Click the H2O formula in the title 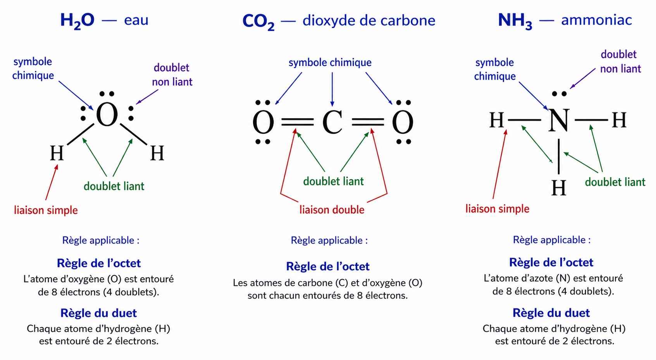click(x=77, y=21)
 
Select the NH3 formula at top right click(x=515, y=21)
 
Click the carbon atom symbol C click(x=332, y=122)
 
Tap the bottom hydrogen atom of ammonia click(x=559, y=188)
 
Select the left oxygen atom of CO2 click(x=263, y=122)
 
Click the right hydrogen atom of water click(x=157, y=153)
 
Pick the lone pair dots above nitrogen click(x=560, y=94)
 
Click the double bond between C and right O click(x=368, y=122)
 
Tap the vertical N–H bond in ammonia click(x=559, y=157)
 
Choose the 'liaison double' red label click(x=332, y=210)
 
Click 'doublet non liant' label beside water click(x=172, y=75)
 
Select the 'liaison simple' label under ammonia click(x=497, y=209)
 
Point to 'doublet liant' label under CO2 click(x=333, y=181)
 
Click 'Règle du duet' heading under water click(x=98, y=313)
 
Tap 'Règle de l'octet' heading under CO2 click(x=328, y=267)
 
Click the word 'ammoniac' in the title click(x=597, y=20)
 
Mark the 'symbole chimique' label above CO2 click(x=330, y=63)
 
